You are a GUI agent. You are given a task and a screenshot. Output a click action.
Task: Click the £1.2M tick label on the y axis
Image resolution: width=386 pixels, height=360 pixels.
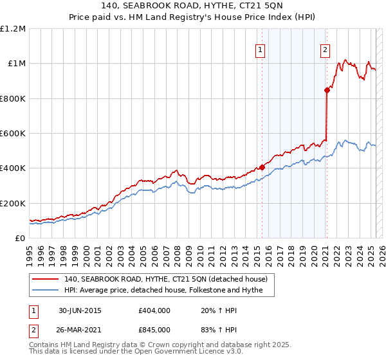point(13,29)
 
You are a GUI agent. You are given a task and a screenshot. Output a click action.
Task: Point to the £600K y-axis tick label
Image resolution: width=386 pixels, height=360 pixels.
point(13,134)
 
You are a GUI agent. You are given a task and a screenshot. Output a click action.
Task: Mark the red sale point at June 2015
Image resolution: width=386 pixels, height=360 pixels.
point(262,168)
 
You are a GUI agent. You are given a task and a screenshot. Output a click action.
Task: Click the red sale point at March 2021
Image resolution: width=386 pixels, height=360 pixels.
point(327,91)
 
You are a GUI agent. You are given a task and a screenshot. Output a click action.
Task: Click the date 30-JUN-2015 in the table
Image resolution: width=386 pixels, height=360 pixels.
point(80,310)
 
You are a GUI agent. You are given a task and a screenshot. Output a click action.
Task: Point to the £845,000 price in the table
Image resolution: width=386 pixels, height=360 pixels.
point(154,329)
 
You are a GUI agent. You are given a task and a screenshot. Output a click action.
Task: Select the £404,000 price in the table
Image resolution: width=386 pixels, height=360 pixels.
point(154,310)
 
